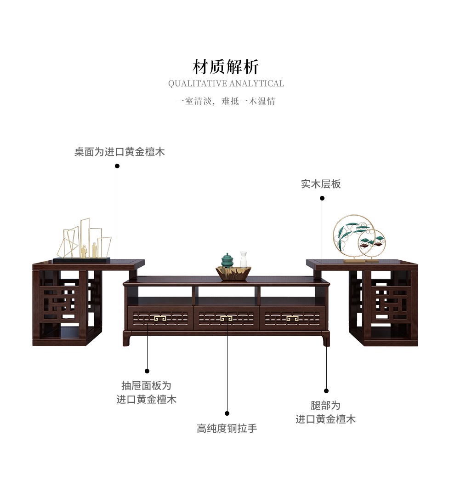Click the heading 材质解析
tap(226, 67)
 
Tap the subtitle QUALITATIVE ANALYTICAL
tap(226, 84)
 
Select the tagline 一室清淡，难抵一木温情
tap(226, 101)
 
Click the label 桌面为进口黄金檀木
tap(119, 152)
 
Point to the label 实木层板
tap(321, 184)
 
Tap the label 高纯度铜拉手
tap(227, 429)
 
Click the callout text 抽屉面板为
tap(146, 385)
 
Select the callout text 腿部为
tap(325, 405)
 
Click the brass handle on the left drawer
tap(160, 318)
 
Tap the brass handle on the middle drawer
tap(227, 318)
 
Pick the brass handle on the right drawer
tap(292, 318)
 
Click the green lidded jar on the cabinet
tap(227, 260)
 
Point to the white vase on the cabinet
tap(243, 260)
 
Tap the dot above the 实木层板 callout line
tap(322, 198)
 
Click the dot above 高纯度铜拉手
tap(227, 413)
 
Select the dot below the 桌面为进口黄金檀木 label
tap(117, 166)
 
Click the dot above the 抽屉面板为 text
tap(147, 371)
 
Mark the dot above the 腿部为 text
tap(326, 391)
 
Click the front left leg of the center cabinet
tap(127, 339)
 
